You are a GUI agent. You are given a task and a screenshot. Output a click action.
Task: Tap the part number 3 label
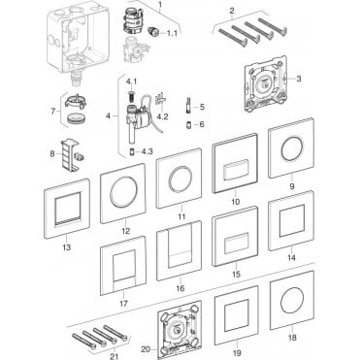[299, 79]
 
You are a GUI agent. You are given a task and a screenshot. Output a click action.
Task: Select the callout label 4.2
[162, 116]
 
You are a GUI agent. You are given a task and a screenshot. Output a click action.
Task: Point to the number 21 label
[115, 356]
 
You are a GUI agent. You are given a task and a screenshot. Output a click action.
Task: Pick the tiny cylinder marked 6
[188, 125]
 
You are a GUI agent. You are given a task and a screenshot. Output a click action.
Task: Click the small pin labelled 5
[188, 105]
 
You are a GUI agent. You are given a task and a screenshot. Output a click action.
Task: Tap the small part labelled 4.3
[132, 151]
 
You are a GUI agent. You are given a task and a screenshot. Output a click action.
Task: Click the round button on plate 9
[292, 148]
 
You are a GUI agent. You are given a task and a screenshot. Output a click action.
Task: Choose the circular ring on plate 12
[122, 192]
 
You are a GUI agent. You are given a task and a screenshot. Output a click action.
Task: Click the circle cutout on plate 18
[292, 300]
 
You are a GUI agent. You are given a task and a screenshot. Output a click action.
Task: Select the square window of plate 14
[292, 220]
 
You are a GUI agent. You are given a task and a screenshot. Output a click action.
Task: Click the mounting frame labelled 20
[180, 330]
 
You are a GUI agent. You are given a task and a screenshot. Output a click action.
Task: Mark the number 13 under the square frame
[67, 247]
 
